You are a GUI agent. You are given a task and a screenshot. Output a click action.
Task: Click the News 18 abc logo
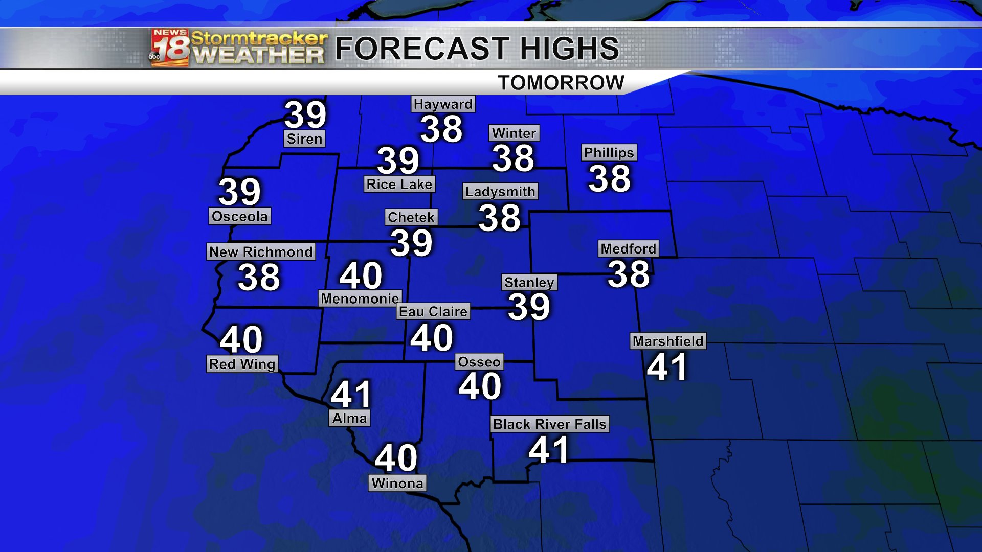169,48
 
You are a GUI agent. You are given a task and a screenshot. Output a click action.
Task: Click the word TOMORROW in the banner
561,83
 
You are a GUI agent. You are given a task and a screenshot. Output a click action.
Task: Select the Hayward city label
443,104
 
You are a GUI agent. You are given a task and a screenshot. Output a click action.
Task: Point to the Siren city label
304,139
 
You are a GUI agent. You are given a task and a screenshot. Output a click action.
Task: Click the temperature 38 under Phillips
609,178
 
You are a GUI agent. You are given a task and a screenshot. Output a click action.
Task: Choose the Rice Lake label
399,185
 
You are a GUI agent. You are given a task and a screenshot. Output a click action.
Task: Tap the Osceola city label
239,216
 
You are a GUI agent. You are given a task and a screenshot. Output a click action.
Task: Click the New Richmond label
261,252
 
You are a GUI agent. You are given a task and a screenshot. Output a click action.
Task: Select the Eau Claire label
433,312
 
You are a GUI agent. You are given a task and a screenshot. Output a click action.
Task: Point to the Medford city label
628,249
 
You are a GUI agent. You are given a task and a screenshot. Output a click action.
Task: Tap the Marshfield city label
668,341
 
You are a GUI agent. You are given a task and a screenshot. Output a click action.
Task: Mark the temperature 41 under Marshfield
666,367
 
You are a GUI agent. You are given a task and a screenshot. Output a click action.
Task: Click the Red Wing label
242,364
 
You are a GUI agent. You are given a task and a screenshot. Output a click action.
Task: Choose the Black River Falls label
550,424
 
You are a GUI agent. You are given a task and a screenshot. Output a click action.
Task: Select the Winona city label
397,484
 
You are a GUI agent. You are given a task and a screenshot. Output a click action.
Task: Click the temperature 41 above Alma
351,394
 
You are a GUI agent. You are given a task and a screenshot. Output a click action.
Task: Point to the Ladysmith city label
500,192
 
